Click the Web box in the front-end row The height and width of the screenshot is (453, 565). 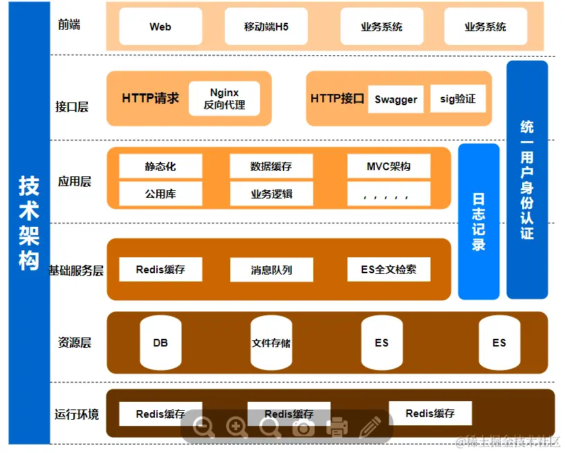[160, 27]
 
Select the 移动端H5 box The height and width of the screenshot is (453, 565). [266, 27]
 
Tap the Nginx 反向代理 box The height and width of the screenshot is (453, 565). [224, 99]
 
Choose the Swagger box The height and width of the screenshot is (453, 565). [396, 99]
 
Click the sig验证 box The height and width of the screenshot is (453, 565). [458, 99]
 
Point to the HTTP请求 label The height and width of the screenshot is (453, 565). [150, 98]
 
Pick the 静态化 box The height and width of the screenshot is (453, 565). [160, 167]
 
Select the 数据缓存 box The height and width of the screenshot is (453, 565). [271, 167]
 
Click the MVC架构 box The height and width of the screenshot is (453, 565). [389, 167]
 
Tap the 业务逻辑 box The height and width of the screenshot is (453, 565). [271, 194]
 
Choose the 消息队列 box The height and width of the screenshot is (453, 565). [271, 270]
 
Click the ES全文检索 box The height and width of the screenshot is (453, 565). [389, 270]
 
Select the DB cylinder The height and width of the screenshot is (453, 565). [160, 342]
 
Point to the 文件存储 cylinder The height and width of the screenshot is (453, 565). [271, 342]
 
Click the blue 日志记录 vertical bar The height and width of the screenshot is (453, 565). [479, 221]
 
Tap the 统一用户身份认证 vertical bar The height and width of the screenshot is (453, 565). [527, 180]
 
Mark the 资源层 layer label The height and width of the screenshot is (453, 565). [75, 342]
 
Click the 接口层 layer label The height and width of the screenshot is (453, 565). [72, 107]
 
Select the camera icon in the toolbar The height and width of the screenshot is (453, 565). [303, 427]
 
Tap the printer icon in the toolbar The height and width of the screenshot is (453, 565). [337, 427]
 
